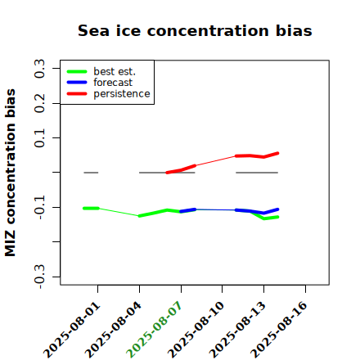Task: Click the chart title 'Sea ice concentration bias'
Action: [195, 30]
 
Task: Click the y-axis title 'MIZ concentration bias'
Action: [10, 173]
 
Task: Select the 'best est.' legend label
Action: [115, 71]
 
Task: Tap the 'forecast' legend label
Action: [113, 83]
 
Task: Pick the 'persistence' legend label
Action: [122, 94]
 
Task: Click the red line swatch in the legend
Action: [77, 94]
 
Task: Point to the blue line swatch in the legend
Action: [77, 83]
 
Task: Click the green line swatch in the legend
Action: [77, 71]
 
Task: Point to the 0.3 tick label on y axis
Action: [39, 69]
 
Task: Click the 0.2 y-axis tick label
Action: [39, 103]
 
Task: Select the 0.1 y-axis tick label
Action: [39, 138]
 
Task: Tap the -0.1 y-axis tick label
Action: [39, 208]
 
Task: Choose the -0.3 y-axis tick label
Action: [39, 277]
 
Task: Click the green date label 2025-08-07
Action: [154, 330]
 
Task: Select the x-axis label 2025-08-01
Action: [71, 330]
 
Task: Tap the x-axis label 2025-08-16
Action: [279, 330]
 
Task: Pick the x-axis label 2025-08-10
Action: [196, 330]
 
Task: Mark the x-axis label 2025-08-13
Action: [237, 330]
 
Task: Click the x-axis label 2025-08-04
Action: [113, 330]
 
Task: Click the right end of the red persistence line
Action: [278, 153]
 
